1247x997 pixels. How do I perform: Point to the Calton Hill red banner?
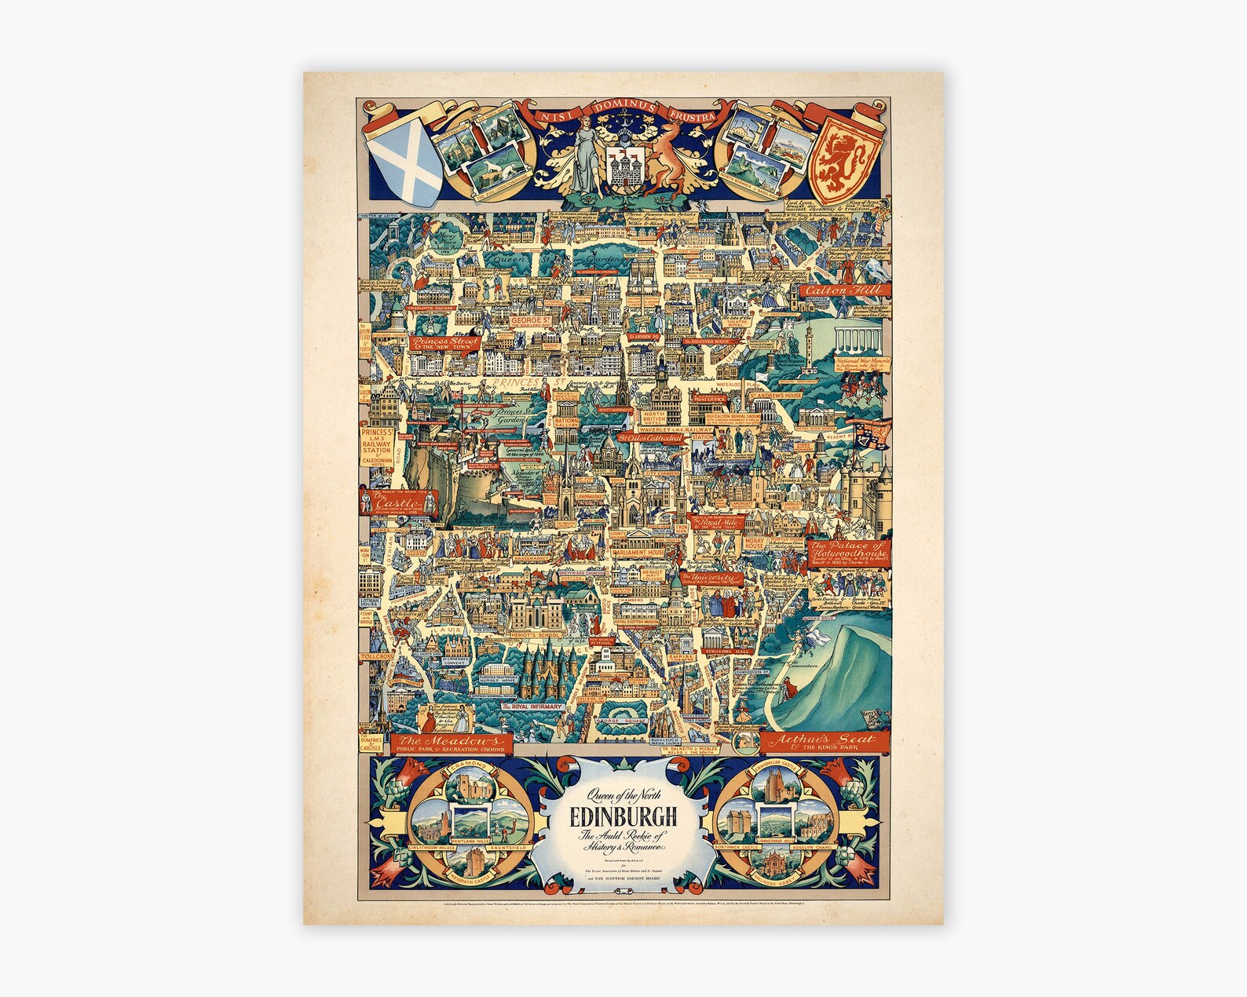[x=843, y=290]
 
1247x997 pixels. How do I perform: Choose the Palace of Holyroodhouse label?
[x=848, y=550]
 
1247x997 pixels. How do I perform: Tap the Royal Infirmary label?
[x=536, y=707]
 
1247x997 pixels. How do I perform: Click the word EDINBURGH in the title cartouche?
[x=624, y=816]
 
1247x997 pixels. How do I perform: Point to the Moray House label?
[x=753, y=542]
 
